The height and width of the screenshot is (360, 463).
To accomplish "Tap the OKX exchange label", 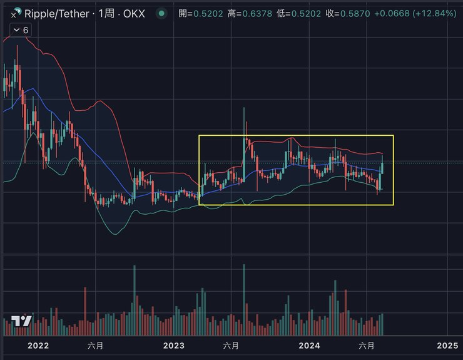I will (x=134, y=13).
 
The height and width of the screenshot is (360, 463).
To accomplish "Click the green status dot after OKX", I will (x=162, y=13).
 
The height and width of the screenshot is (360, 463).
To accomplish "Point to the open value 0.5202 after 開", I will (x=208, y=13).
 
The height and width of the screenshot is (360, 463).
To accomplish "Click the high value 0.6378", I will (x=259, y=13).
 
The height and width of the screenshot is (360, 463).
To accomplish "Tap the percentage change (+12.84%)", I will (x=434, y=13).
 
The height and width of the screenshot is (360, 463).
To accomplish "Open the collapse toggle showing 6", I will (x=21, y=30).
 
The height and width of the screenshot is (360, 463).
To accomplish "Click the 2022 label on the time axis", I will (x=38, y=346).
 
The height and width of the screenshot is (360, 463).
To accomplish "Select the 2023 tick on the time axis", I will (x=173, y=346).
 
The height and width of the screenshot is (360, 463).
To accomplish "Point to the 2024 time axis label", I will (x=309, y=346).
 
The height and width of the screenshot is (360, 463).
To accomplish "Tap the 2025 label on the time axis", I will (x=447, y=346).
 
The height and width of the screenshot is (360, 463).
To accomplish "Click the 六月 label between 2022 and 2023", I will (x=96, y=346).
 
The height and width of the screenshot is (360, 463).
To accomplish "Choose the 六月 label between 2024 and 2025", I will (x=367, y=346).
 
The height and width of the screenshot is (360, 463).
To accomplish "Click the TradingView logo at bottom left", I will (x=22, y=321).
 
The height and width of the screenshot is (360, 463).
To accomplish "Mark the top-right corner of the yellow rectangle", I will (x=394, y=135).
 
